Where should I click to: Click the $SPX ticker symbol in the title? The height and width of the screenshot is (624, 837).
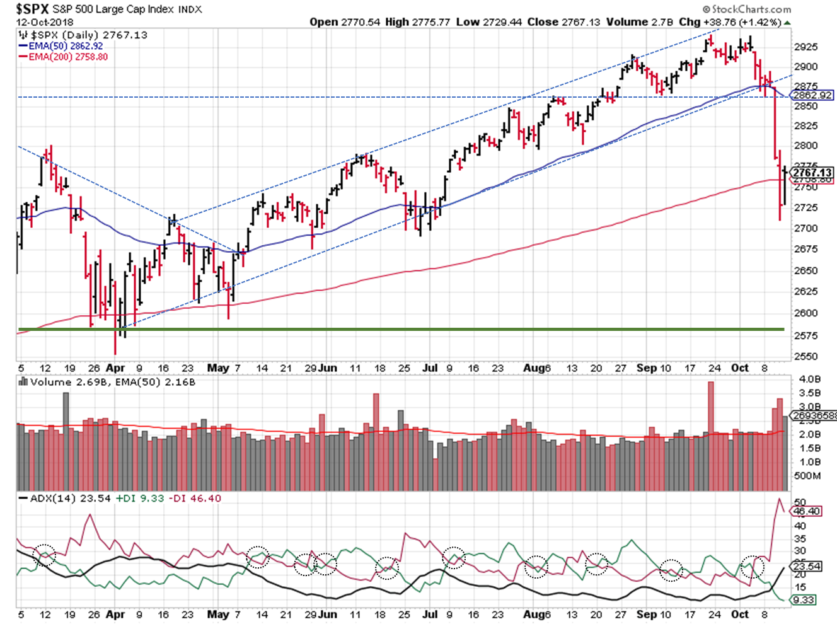point(32,9)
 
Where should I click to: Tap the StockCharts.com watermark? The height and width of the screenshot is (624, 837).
point(747,9)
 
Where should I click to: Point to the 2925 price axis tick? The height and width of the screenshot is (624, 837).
point(806,47)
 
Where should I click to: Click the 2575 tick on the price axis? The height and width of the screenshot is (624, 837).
point(806,335)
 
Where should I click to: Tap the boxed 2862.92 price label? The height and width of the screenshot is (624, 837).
point(812,95)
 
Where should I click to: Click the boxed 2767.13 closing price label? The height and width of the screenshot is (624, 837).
point(812,172)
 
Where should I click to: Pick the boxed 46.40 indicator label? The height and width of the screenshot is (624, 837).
point(807,511)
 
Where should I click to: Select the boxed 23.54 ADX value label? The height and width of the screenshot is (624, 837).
point(807,566)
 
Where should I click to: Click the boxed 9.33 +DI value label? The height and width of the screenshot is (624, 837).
point(804,600)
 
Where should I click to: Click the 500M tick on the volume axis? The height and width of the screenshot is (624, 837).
point(807,475)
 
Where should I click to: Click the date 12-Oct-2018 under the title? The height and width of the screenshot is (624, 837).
point(44,22)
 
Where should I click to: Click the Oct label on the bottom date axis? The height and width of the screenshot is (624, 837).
point(740,614)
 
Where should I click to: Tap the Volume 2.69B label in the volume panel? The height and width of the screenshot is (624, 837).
point(69,382)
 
